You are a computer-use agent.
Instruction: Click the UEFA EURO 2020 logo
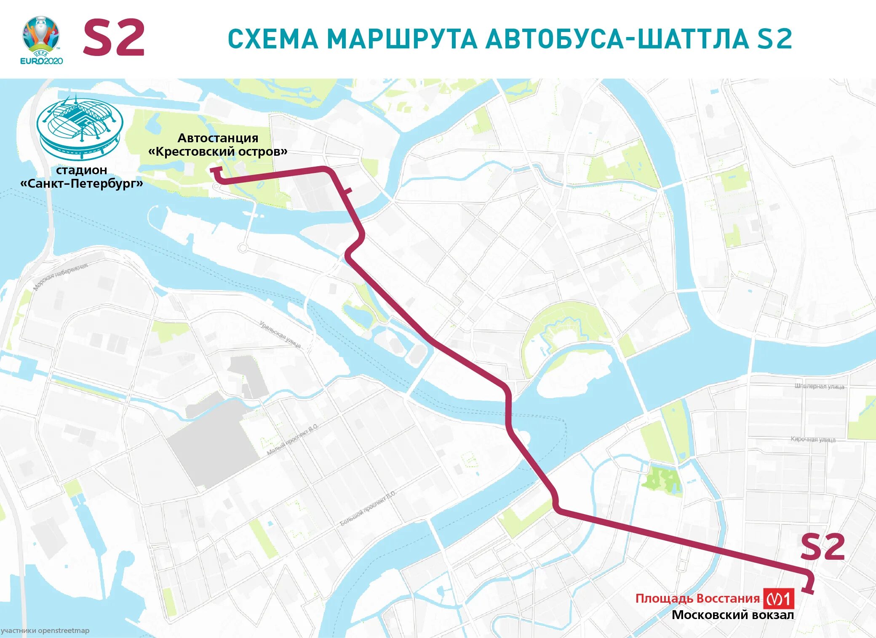click(x=41, y=40)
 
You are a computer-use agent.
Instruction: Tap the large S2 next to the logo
click(x=114, y=38)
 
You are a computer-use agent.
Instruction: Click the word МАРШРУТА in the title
click(x=402, y=39)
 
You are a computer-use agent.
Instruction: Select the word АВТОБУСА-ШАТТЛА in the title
click(x=617, y=39)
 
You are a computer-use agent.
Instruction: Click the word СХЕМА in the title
click(x=273, y=39)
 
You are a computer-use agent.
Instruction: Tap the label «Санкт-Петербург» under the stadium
click(x=82, y=183)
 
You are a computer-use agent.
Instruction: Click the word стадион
click(x=82, y=170)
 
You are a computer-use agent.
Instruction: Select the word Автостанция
click(x=218, y=138)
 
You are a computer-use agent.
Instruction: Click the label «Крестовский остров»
click(x=218, y=152)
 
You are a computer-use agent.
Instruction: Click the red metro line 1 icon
click(x=779, y=598)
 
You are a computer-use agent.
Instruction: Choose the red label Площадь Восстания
click(x=697, y=598)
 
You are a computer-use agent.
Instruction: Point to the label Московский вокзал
click(x=732, y=615)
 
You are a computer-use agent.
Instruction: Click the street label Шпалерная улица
click(x=819, y=386)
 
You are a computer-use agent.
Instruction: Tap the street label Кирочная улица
click(x=813, y=439)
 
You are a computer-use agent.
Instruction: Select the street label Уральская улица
click(x=280, y=335)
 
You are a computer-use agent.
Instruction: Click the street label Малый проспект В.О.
click(x=293, y=440)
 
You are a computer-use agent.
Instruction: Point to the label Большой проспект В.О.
click(x=368, y=508)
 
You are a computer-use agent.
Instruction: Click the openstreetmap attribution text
click(x=45, y=631)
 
